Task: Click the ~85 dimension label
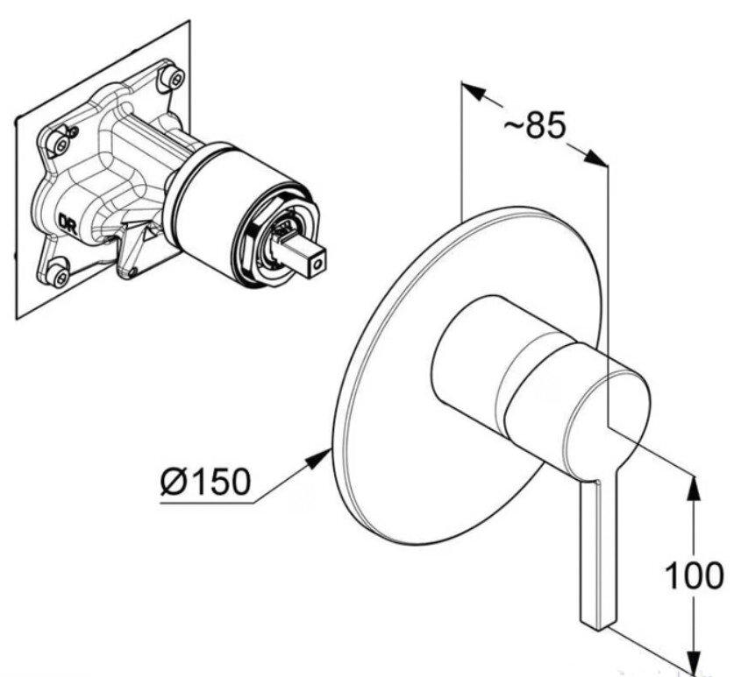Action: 535,125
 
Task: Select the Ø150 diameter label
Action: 205,481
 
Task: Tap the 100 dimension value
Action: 694,575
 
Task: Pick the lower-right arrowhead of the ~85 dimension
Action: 595,158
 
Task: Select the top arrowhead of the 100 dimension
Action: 695,489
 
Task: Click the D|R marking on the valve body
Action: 67,220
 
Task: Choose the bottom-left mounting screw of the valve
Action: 60,272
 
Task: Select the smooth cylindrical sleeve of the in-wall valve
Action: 213,191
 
